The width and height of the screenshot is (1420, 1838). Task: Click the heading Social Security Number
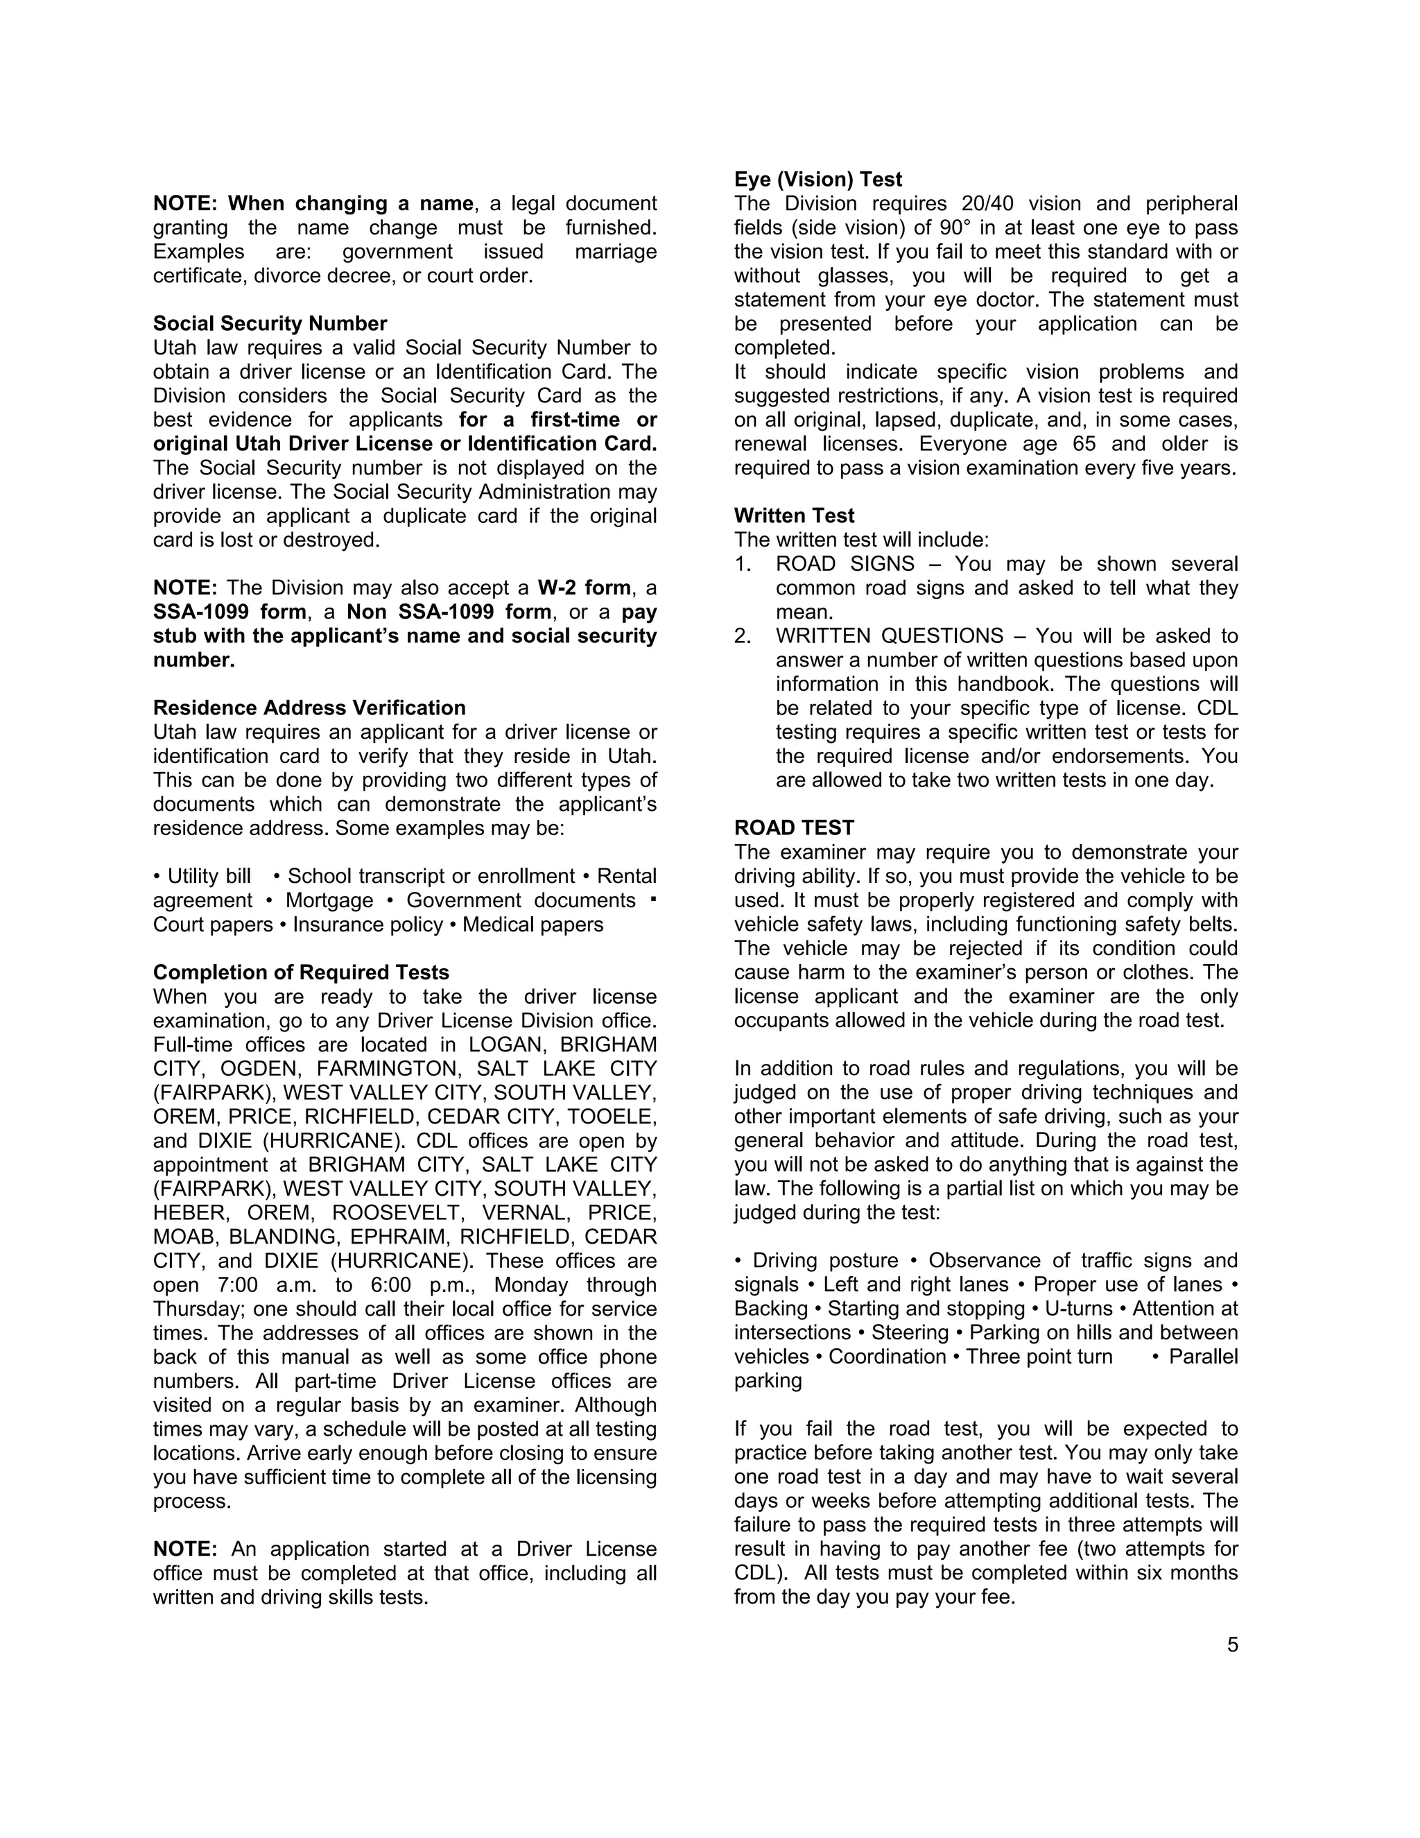[270, 324]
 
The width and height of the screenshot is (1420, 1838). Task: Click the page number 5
[1232, 1645]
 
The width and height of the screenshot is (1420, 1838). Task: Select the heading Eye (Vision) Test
[817, 179]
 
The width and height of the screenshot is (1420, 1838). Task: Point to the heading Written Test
[794, 516]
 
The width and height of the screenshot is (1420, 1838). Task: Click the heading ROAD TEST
[794, 828]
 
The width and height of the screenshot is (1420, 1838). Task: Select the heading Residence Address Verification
[309, 707]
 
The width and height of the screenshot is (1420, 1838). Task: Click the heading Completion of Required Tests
[301, 973]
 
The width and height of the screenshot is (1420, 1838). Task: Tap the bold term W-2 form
[585, 588]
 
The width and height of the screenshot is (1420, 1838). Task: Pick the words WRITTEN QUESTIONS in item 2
[889, 636]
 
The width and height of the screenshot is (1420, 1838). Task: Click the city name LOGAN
[506, 1045]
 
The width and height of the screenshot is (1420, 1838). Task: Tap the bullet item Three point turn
[1039, 1357]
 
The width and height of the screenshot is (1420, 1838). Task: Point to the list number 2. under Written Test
[742, 636]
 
